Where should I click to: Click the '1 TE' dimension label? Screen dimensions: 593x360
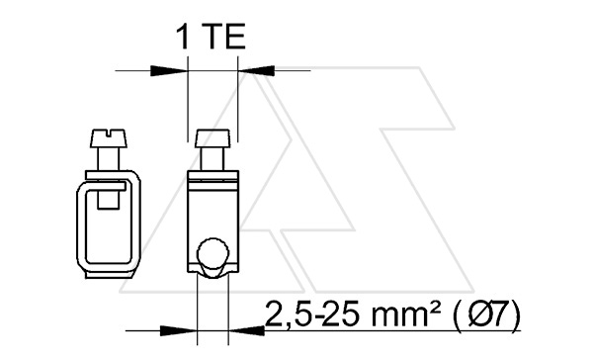coord(212,37)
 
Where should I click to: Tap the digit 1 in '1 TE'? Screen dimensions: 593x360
coord(183,37)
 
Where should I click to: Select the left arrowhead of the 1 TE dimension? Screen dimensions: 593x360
coord(169,70)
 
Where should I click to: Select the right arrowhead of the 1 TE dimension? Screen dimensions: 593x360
coord(256,70)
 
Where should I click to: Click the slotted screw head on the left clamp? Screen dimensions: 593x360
coord(109,138)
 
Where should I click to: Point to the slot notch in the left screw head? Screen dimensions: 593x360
coord(109,133)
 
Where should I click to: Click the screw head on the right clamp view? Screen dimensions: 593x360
coord(212,138)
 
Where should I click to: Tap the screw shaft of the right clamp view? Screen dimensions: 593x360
coord(212,159)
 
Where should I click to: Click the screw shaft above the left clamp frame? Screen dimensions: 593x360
coord(109,159)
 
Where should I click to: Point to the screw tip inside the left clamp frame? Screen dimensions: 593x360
coord(109,199)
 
